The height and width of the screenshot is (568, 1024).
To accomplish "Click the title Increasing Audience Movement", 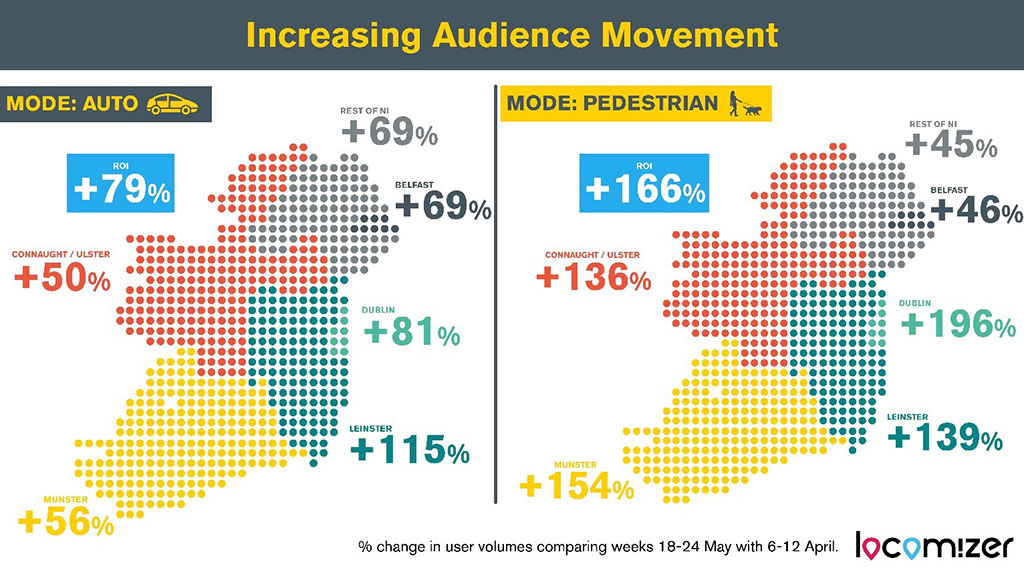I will pos(511,36).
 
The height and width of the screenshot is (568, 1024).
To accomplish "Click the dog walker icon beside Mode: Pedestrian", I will pos(745,103).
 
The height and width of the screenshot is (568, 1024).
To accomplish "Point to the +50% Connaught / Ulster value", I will pos(63,279).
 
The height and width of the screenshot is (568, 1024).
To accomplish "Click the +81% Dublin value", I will pos(411,332).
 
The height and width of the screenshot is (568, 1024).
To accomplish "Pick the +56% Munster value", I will pos(66,522).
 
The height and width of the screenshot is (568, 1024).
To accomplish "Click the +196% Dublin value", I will pos(957,323).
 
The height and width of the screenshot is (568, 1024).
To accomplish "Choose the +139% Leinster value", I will pos(944,437).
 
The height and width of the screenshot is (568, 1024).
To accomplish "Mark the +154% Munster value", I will pos(577,487).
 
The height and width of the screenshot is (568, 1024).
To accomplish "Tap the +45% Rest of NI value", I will pos(950,147).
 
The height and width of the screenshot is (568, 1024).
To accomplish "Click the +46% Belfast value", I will pos(976,211).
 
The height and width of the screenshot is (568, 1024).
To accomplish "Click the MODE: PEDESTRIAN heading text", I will pos(611,103).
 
